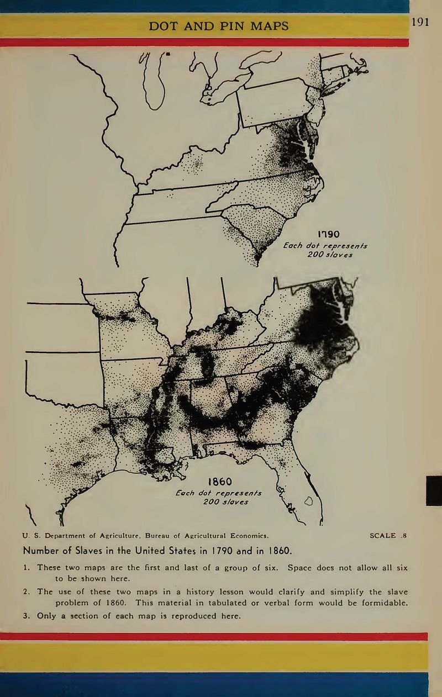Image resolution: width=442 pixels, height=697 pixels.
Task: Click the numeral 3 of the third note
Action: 26,615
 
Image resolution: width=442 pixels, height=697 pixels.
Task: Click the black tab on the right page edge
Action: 434,490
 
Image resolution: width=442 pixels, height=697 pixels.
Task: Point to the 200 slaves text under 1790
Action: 325,255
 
